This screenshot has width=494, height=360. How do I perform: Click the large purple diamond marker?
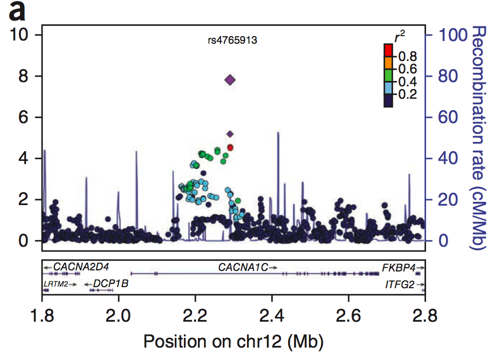(230, 80)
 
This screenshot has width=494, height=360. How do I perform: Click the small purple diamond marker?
(230, 133)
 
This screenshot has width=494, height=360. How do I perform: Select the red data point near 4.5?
(230, 147)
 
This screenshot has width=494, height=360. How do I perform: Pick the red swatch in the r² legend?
(388, 50)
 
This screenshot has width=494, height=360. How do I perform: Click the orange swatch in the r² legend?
(388, 63)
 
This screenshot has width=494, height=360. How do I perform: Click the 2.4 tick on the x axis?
(272, 314)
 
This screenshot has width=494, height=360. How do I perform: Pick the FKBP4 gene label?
(399, 267)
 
